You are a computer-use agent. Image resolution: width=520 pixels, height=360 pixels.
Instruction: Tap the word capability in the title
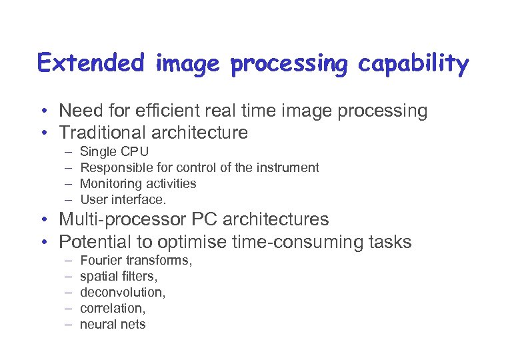click(414, 65)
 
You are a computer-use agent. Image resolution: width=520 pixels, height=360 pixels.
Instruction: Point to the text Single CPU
click(114, 152)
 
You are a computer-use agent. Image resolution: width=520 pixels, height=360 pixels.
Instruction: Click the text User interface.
click(123, 199)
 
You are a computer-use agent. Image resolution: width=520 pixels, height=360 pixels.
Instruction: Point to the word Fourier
click(99, 261)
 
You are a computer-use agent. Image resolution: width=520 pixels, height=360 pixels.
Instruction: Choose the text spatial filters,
click(118, 276)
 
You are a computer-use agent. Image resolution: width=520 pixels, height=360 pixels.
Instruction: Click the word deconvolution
click(122, 292)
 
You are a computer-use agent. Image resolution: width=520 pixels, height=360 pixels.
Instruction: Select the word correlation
click(111, 308)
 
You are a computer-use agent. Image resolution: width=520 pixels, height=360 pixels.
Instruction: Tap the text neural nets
click(113, 324)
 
